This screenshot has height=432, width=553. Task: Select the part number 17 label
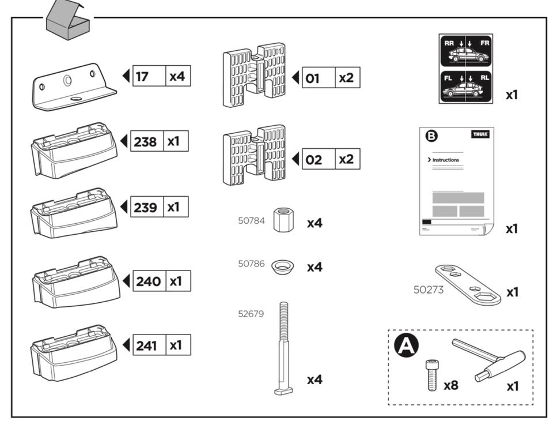click(x=142, y=76)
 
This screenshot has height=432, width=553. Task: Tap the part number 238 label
click(x=145, y=141)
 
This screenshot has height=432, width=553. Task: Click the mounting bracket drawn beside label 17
click(x=72, y=88)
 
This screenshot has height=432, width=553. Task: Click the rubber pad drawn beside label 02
click(x=254, y=154)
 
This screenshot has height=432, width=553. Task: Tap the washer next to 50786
click(x=283, y=266)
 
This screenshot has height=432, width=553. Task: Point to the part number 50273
click(x=429, y=290)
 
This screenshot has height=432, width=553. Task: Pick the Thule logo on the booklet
click(x=480, y=134)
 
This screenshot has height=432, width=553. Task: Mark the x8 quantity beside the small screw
click(x=451, y=385)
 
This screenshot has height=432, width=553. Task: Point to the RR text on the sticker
click(x=449, y=43)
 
